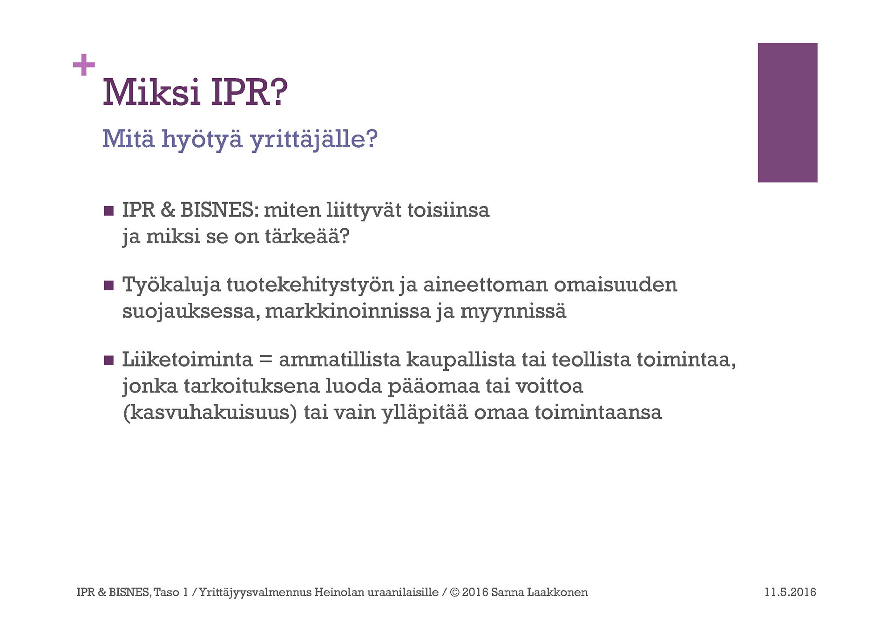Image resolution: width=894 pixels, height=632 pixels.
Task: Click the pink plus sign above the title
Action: [x=84, y=65]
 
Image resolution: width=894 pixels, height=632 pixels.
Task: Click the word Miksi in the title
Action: [x=151, y=92]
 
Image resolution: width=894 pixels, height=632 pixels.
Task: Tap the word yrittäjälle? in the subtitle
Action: [x=314, y=139]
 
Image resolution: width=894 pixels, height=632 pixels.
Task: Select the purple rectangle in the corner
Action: [x=787, y=113]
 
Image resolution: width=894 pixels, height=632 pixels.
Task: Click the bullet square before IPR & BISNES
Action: [x=108, y=211]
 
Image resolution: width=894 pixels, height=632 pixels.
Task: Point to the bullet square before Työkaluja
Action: [x=108, y=285]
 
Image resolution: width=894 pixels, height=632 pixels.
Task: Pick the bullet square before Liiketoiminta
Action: [x=108, y=360]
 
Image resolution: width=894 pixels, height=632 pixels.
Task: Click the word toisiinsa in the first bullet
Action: [x=448, y=210]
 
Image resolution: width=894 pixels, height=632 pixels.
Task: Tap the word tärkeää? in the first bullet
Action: [x=307, y=237]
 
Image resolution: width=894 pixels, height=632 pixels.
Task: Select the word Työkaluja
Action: [x=171, y=285]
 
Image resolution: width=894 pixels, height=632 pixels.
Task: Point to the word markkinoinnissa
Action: [x=348, y=311]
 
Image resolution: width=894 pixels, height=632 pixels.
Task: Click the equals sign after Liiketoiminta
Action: [x=265, y=360]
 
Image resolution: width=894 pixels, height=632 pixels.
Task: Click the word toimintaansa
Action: [x=598, y=413]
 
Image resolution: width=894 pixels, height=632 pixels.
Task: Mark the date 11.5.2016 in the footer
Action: [x=790, y=592]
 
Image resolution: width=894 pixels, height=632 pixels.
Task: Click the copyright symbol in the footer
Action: [x=454, y=592]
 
